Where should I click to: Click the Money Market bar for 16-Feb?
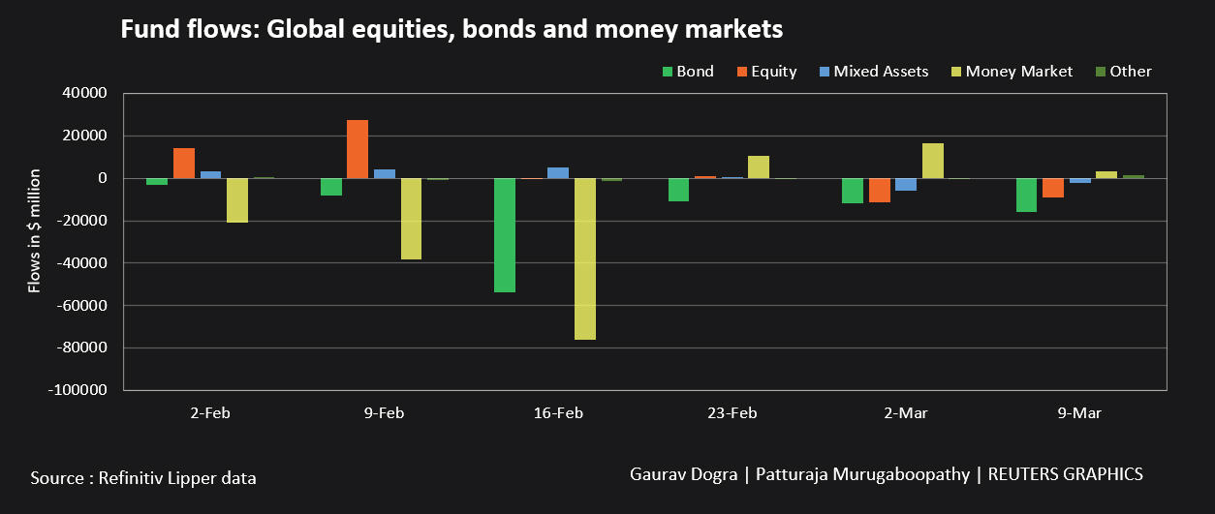click(584, 258)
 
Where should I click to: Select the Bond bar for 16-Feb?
click(505, 235)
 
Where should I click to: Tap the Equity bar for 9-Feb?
click(358, 149)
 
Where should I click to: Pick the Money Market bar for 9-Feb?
click(411, 219)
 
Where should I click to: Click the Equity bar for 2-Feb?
click(184, 164)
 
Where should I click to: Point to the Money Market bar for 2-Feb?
click(237, 200)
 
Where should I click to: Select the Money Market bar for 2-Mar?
click(932, 161)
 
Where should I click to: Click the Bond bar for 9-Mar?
click(1026, 195)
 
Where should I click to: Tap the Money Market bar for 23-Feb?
click(759, 166)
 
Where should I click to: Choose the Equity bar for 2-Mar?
click(879, 190)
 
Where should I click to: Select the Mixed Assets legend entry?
click(872, 72)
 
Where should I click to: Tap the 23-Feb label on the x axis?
click(732, 413)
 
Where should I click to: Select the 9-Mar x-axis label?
click(1079, 413)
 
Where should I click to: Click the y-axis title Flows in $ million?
click(35, 229)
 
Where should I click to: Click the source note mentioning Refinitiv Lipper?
click(143, 478)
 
